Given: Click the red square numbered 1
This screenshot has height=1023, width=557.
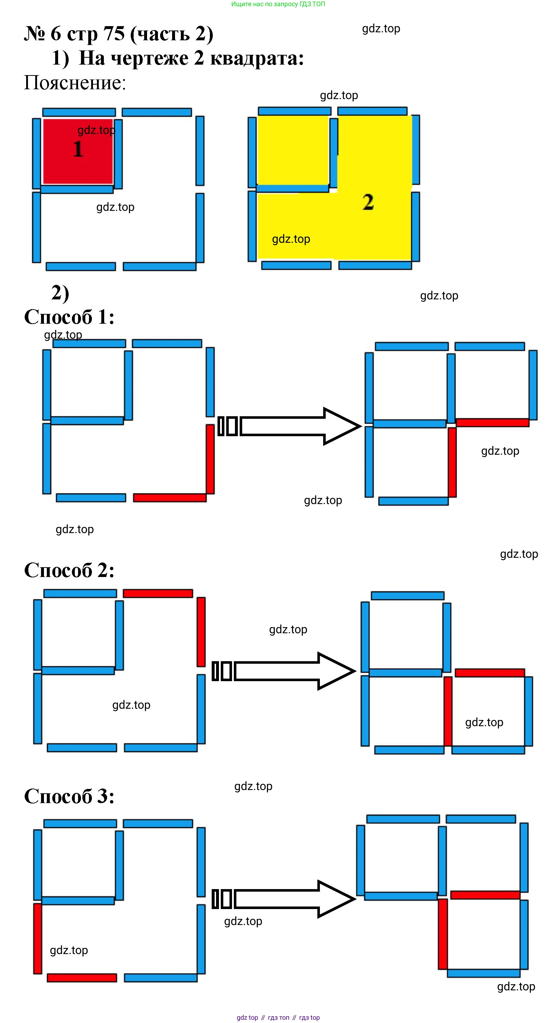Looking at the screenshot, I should click(78, 151).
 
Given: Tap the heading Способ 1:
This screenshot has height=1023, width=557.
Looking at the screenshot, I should click(69, 317).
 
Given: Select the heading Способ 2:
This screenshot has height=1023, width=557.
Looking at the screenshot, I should click(69, 570).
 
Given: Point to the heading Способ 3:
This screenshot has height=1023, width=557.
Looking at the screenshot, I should click(69, 796).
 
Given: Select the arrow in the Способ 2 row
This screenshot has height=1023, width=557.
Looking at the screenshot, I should click(284, 671).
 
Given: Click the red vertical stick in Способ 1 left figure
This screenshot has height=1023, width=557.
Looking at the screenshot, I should click(210, 459).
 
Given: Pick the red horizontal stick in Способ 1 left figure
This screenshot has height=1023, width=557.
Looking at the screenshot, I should click(170, 498).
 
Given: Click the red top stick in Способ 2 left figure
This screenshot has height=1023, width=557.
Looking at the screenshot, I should click(158, 593).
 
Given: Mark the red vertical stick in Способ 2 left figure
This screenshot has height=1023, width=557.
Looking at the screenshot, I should click(201, 632).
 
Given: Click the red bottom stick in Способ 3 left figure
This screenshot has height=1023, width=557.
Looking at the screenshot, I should click(82, 977).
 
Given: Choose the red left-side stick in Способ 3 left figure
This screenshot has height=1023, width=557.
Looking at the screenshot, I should click(38, 938).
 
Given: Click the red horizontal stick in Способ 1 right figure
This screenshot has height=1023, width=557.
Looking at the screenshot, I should click(492, 422).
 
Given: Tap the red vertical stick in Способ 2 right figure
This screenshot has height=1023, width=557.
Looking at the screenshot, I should click(448, 711).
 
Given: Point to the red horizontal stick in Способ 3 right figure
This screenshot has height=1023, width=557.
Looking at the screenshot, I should click(485, 895).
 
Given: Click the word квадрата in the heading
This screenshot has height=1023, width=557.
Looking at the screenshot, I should click(257, 58).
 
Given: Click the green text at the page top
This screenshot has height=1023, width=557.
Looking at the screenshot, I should click(278, 4).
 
